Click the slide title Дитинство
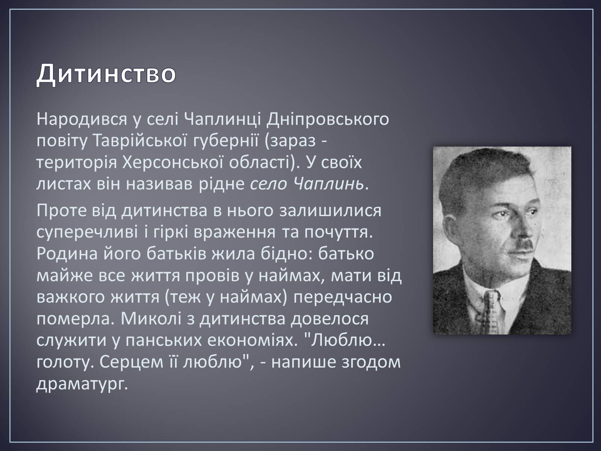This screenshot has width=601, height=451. pos(106,74)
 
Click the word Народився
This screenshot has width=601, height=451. pos(82,120)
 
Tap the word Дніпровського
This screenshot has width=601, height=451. pos(328,120)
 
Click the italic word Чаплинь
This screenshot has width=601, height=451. pos(329,184)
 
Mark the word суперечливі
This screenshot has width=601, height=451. pos(88,233)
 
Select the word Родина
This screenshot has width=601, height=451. pos(67,254)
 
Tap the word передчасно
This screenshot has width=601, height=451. pos(343,297)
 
